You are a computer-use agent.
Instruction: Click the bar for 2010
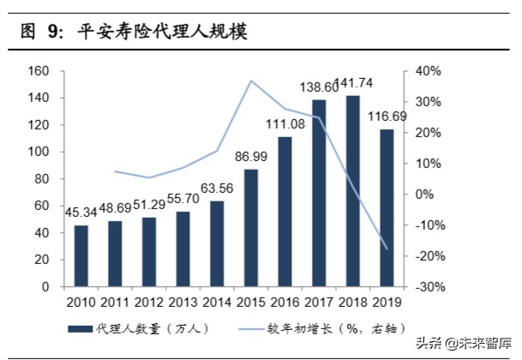click(81, 255)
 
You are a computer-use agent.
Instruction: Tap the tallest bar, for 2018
click(351, 190)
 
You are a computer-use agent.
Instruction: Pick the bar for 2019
click(387, 207)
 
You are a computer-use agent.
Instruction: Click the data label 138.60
click(319, 87)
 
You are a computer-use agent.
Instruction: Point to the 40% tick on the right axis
click(429, 70)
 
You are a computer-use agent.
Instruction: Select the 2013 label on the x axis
click(183, 302)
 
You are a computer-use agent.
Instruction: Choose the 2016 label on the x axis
click(285, 302)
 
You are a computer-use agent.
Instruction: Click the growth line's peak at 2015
click(251, 81)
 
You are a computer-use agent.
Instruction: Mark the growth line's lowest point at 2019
click(387, 249)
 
